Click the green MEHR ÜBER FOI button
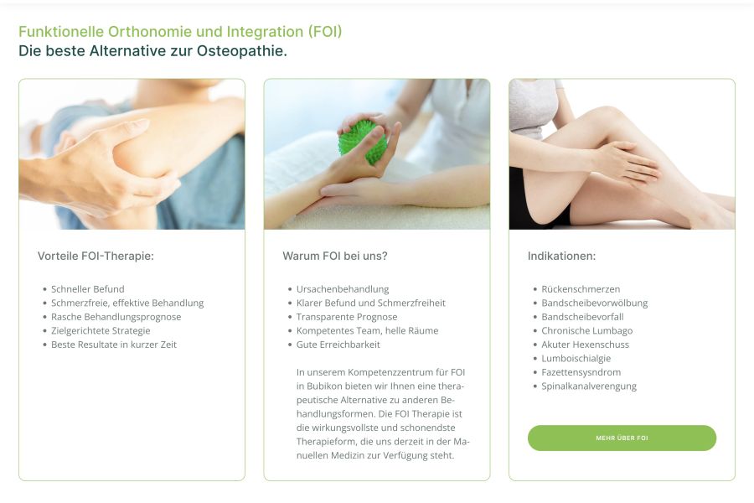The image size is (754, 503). tap(622, 438)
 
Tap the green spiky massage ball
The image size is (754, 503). tap(362, 143)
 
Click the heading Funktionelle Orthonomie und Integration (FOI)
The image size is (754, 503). tap(180, 31)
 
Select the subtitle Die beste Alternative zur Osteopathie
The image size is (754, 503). tap(153, 50)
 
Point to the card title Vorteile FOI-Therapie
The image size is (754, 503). tap(96, 256)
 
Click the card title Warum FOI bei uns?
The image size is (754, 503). tap(334, 256)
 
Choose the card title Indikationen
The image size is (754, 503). tap(561, 256)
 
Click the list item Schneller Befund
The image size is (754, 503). tap(87, 288)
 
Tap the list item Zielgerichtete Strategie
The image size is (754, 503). tap(101, 330)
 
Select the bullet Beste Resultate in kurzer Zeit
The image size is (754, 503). tap(114, 345)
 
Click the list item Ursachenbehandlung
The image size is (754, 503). tap(343, 288)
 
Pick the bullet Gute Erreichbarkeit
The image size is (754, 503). tap(338, 345)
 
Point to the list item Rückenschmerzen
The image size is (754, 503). tap(581, 288)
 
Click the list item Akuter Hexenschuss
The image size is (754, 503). tap(586, 345)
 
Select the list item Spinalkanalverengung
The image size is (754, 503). tap(589, 386)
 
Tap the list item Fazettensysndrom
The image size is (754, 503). tap(581, 372)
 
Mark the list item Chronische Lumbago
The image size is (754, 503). tap(587, 330)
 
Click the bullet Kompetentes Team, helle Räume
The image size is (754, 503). tap(368, 330)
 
